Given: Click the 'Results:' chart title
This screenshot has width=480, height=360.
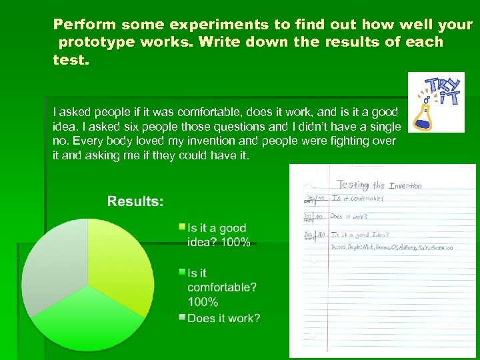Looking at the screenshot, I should click(135, 201).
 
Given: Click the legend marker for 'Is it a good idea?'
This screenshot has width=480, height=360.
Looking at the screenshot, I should click(182, 227).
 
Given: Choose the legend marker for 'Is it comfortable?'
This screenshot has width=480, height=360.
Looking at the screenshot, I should click(182, 272).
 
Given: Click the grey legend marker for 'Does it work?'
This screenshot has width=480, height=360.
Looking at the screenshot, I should click(182, 317).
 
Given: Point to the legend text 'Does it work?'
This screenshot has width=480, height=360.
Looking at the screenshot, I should click(224, 319).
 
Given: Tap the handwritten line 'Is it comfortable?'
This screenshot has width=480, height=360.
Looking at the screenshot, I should click(359, 199).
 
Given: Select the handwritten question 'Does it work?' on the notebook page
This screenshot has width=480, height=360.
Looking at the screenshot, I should click(349, 217).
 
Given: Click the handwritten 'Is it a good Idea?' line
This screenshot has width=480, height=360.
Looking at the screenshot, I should click(360, 235).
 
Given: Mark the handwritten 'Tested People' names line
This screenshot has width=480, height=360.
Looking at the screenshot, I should click(392, 247).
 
